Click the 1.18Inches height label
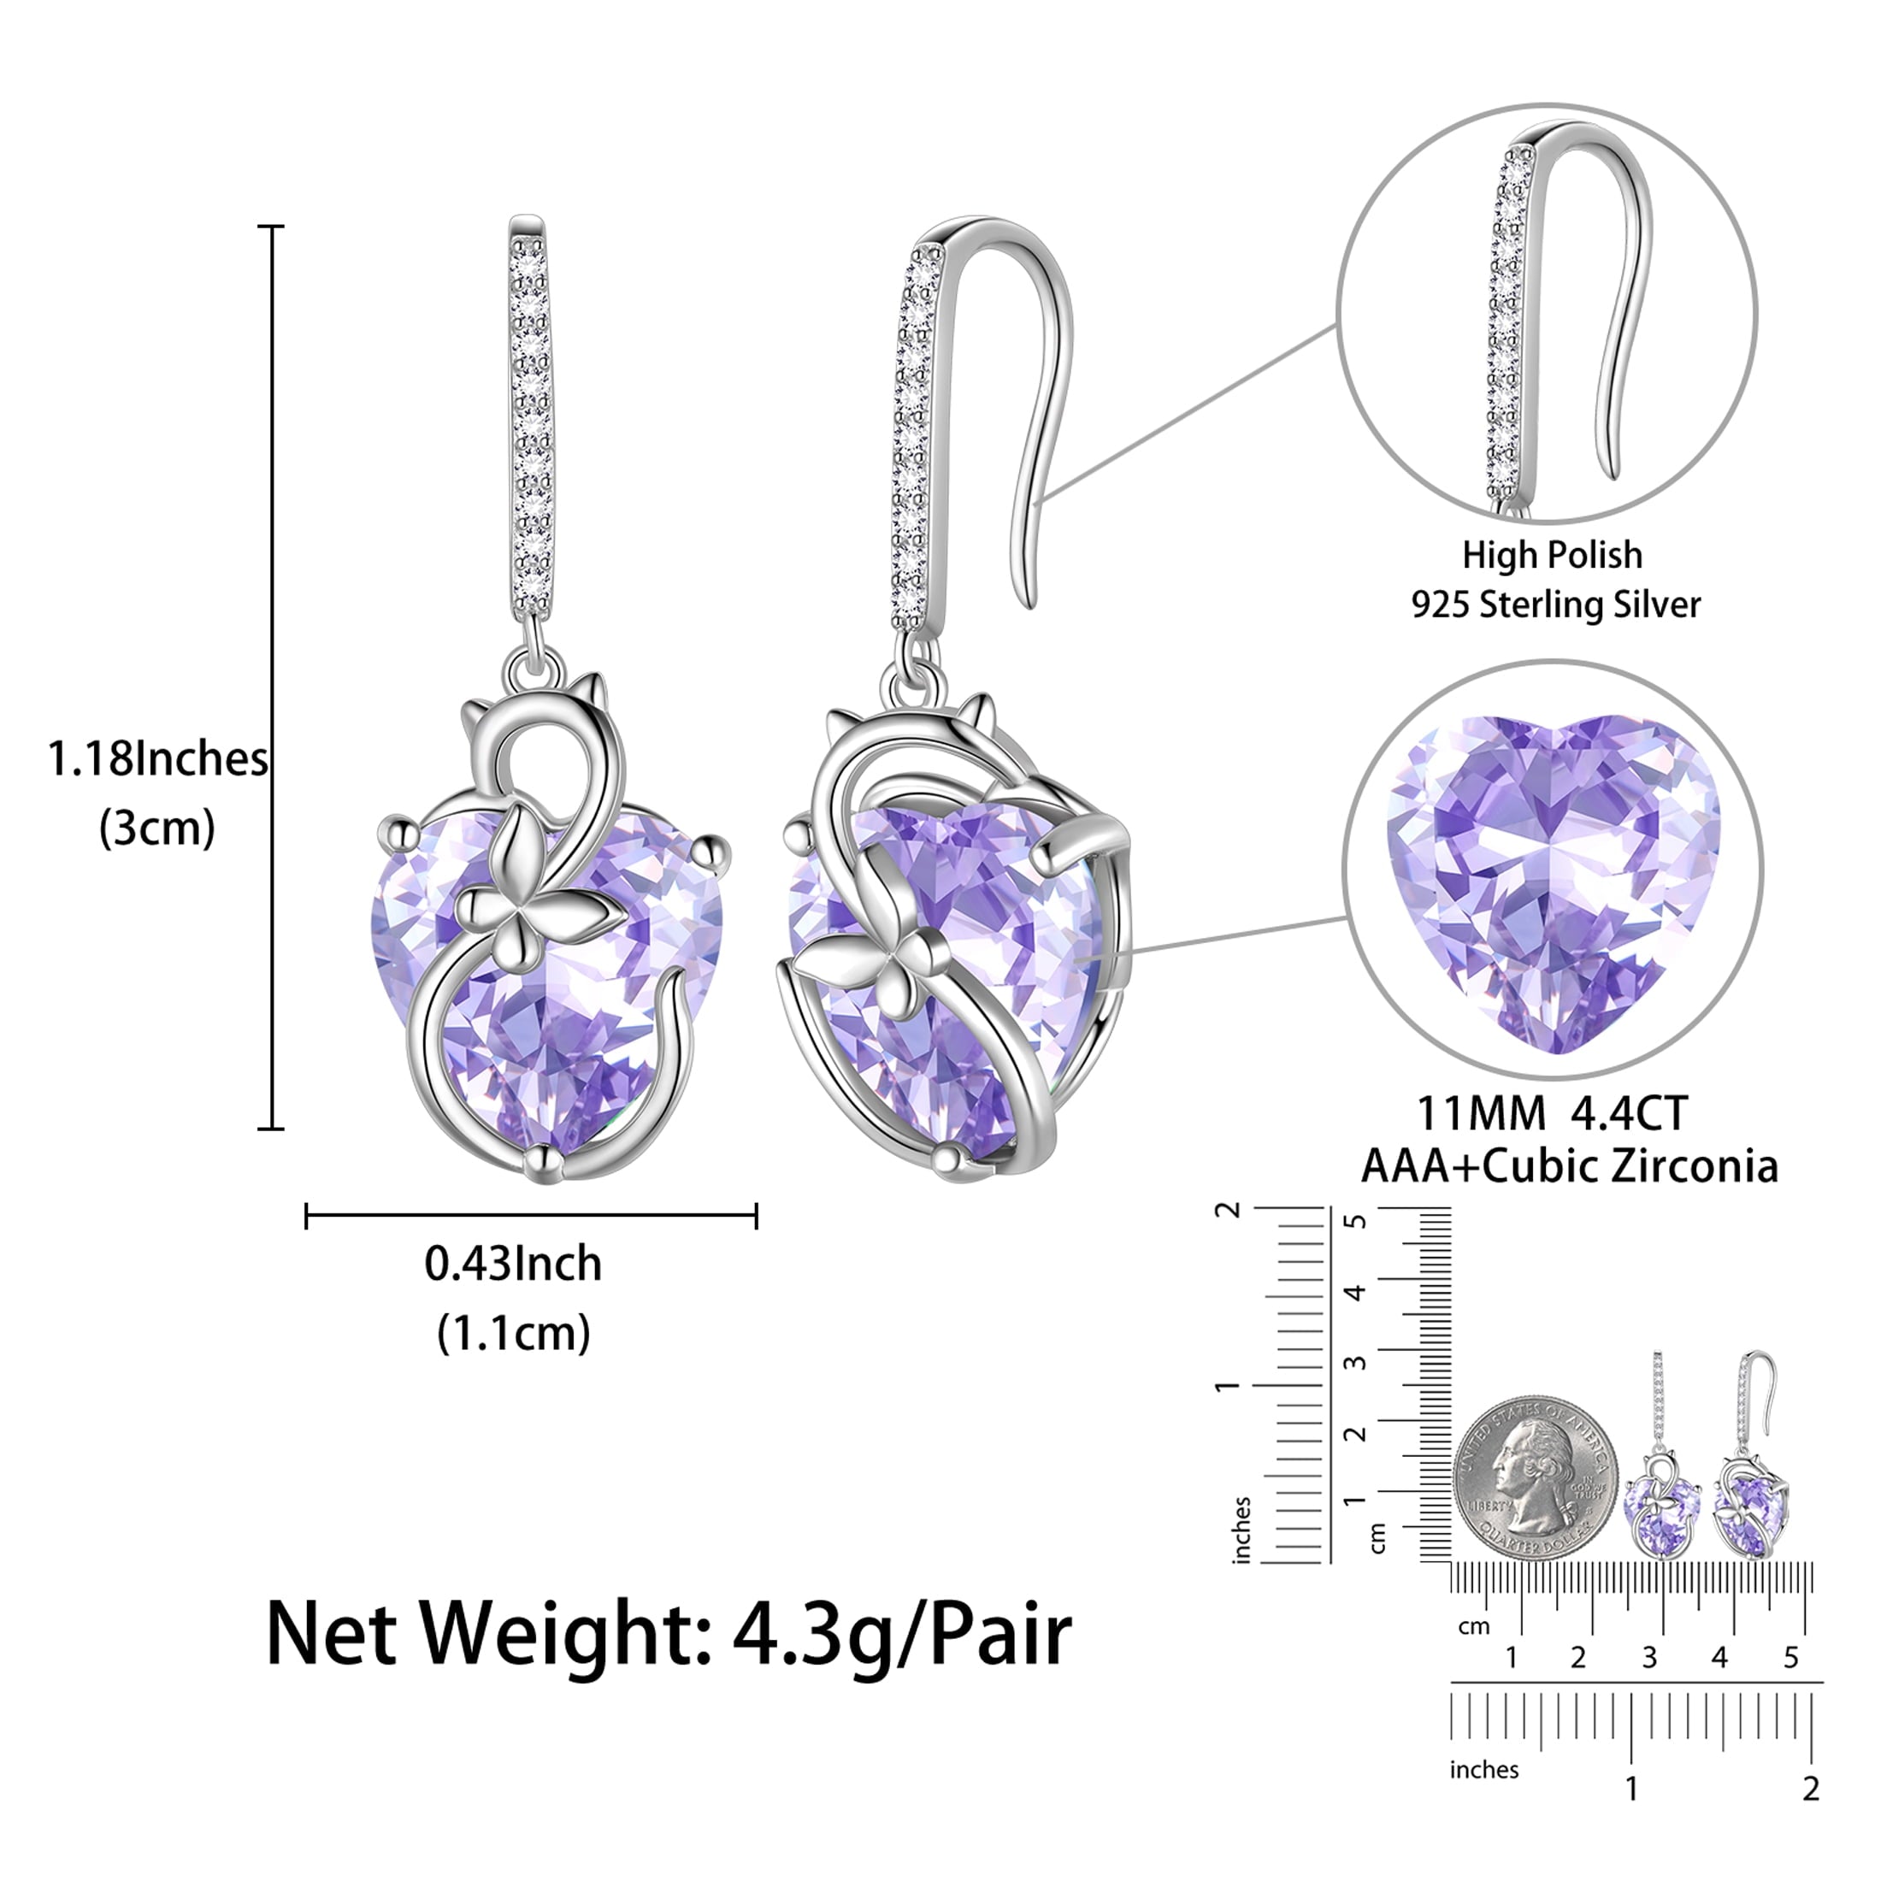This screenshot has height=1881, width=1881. (x=157, y=759)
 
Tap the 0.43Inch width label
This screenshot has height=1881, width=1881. (x=513, y=1264)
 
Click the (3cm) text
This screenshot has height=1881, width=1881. (x=156, y=828)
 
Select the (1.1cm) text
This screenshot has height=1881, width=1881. (x=513, y=1333)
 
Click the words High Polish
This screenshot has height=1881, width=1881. (x=1552, y=555)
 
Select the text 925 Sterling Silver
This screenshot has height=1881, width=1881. (x=1556, y=604)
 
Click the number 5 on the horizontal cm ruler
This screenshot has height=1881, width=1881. (x=1790, y=1658)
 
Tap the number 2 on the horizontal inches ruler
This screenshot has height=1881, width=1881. (x=1811, y=1789)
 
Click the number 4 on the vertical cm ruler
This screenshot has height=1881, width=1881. (x=1355, y=1293)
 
